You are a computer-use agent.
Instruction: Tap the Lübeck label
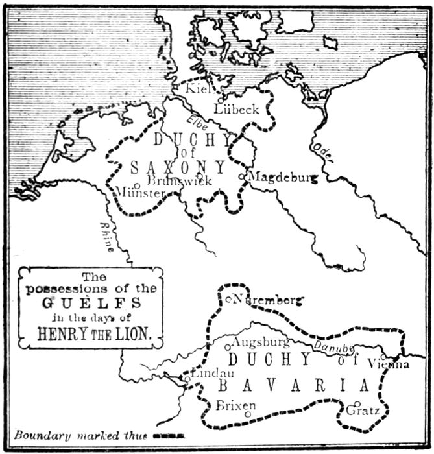(237, 110)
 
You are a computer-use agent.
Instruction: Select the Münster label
(139, 193)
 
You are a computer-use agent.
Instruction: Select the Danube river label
(331, 348)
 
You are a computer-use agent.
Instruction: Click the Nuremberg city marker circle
(229, 299)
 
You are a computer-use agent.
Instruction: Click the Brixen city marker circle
(248, 414)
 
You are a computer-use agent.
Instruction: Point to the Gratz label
(363, 411)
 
